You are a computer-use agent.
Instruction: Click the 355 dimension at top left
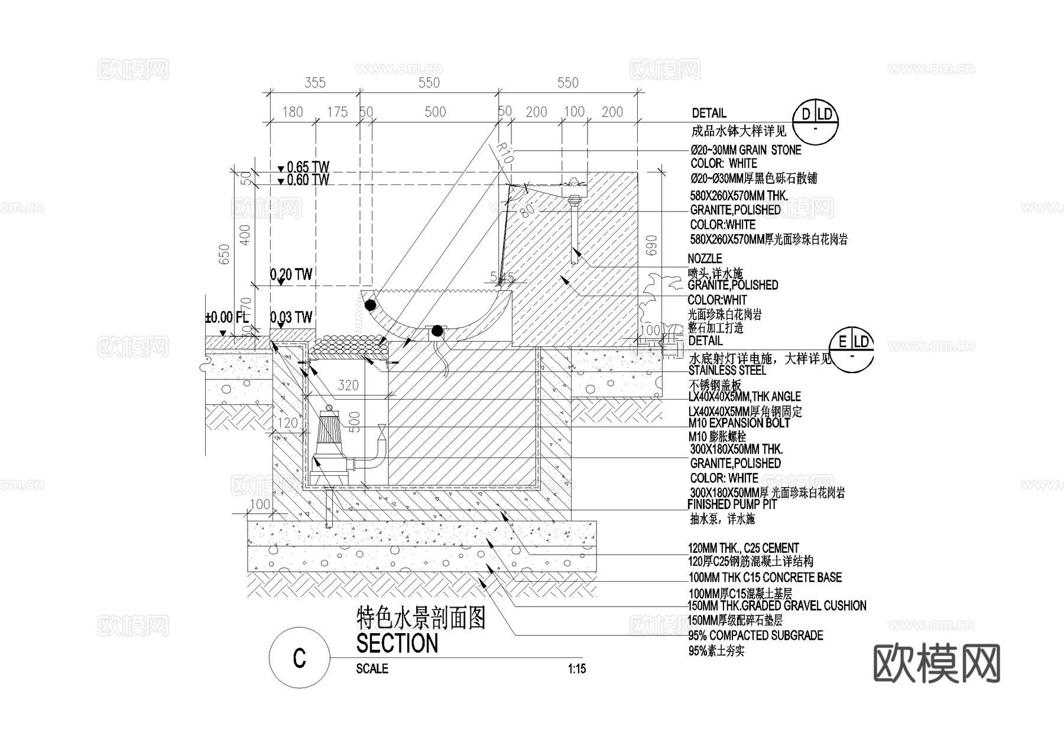(x=314, y=83)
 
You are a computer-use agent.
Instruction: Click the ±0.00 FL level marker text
(x=227, y=317)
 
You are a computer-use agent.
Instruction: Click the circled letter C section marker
(x=299, y=658)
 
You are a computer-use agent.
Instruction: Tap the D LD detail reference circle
(x=816, y=122)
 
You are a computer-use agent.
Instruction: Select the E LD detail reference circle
(x=851, y=350)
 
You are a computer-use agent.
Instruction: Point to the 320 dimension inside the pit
(x=348, y=385)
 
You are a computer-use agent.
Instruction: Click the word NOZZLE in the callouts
(x=705, y=259)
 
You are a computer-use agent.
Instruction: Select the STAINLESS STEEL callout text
(x=727, y=371)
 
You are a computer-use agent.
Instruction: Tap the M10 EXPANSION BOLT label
(x=739, y=423)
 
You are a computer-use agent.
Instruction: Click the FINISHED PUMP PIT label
(x=732, y=505)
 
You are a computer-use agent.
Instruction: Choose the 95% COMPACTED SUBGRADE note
(x=755, y=636)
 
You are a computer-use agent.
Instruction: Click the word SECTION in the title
(x=397, y=643)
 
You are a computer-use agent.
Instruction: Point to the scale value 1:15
(x=576, y=669)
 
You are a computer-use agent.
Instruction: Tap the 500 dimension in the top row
(x=435, y=112)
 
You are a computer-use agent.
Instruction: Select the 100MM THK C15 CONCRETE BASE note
(x=765, y=578)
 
